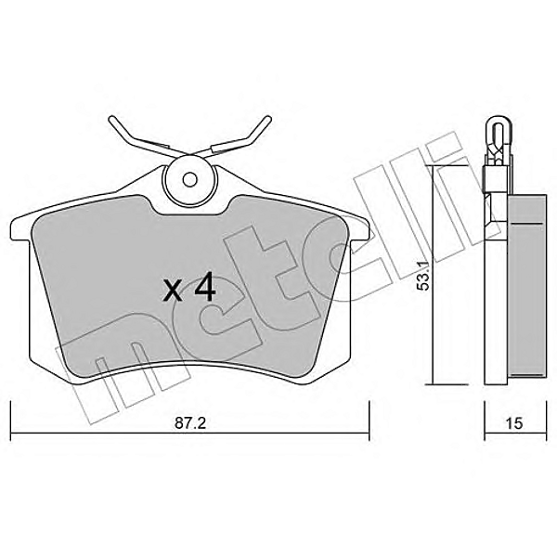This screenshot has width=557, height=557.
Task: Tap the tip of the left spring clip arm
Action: click(113, 119)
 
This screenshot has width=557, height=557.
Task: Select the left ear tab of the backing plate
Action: click(19, 227)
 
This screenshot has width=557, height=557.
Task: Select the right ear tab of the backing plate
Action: click(360, 227)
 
